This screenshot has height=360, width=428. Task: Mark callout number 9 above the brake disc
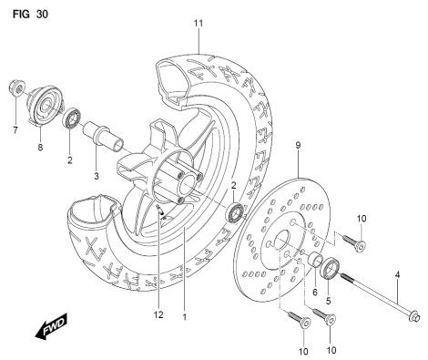tap(297, 144)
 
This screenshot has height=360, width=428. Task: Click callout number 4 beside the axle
tap(396, 275)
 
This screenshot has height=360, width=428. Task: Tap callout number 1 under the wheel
tap(184, 319)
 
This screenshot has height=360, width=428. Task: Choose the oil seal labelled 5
tap(332, 269)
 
